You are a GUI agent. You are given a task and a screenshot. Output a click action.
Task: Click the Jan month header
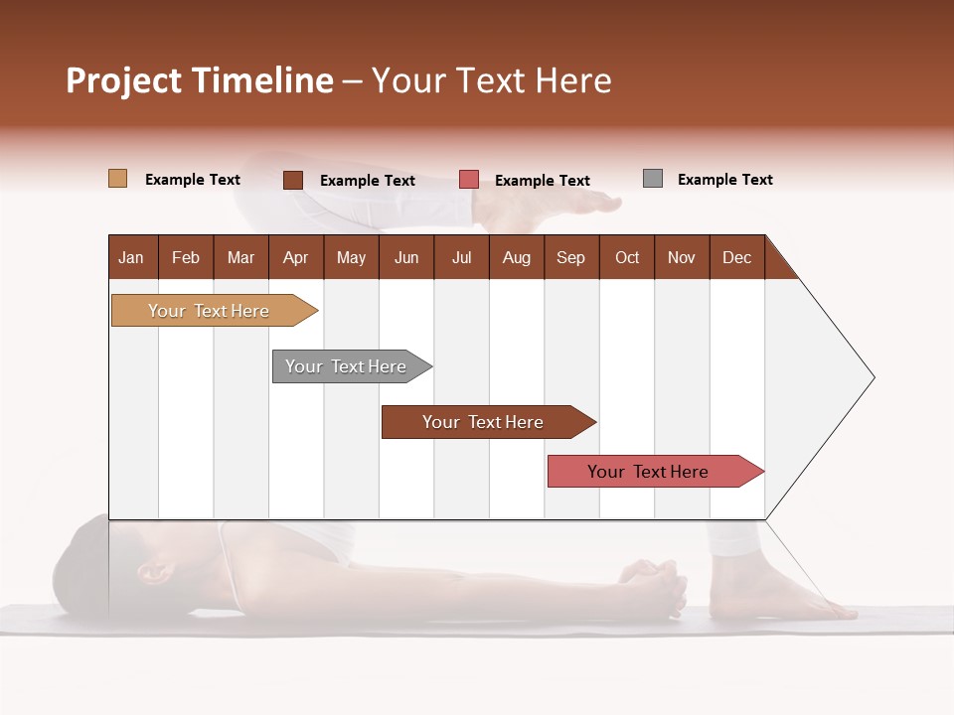132,257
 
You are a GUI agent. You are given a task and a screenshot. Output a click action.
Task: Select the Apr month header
296,257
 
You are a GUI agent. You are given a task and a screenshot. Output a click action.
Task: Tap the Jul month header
461,257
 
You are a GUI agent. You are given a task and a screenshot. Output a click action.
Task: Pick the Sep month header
571,257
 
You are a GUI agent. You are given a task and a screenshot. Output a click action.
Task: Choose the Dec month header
736,257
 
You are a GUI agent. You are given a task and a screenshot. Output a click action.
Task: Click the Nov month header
682,257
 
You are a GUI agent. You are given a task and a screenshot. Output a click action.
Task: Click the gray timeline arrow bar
349,366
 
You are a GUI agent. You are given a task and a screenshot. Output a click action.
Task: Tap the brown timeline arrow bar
485,422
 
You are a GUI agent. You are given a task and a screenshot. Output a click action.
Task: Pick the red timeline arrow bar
651,472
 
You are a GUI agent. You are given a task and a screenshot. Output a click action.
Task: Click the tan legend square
117,179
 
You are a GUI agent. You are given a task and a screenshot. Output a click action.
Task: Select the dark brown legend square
292,180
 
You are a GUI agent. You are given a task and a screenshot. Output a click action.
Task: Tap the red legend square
469,180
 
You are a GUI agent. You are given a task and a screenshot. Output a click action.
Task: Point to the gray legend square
652,179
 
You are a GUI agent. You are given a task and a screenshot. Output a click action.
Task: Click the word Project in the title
123,80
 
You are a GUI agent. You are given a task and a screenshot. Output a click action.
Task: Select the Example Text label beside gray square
724,179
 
